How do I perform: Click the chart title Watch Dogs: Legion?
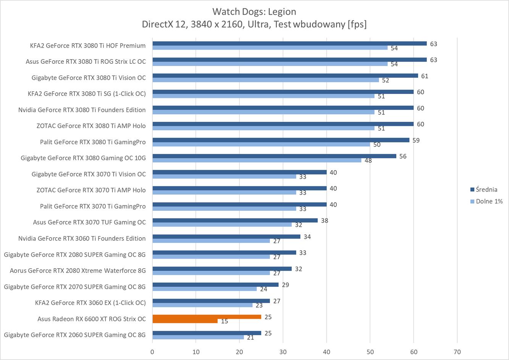254,11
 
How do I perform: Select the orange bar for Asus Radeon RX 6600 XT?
207,317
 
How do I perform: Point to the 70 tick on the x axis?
457,352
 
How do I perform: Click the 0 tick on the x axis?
152,352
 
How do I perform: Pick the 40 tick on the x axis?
326,352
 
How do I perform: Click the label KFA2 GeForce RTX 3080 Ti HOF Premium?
88,45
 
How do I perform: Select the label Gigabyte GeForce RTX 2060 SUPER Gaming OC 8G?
75,335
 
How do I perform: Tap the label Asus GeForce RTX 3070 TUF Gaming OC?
89,222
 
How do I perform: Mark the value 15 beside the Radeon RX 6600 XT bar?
225,321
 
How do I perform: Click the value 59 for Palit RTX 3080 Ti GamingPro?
416,140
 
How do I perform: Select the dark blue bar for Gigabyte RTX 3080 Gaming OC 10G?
274,156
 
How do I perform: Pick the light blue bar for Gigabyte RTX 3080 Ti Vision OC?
265,80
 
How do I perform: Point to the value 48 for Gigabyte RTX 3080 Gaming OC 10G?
368,161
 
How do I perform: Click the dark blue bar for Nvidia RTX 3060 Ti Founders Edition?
226,237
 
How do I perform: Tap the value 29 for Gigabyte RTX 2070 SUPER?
285,285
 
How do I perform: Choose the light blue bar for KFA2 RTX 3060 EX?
202,305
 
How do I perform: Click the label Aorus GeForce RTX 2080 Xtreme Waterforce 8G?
78,271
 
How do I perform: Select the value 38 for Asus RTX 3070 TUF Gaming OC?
325,221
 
